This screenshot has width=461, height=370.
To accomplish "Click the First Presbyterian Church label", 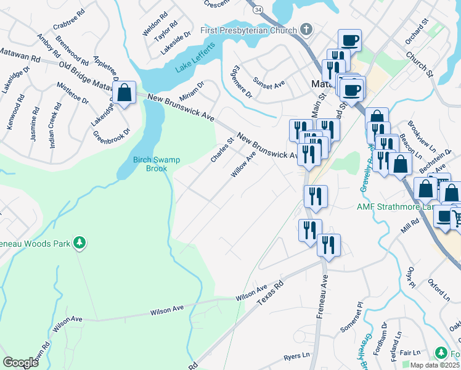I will coord(250,30).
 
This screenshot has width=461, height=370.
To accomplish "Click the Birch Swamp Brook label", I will coord(157,164).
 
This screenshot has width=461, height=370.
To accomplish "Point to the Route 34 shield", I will coord(258,10).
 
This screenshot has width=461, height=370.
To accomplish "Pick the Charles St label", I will coord(223,150).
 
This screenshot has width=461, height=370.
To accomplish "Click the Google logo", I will coord(20,363).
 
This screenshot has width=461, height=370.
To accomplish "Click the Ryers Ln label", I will coord(297,356).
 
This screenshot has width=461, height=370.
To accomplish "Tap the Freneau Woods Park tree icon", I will coord(79,242).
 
